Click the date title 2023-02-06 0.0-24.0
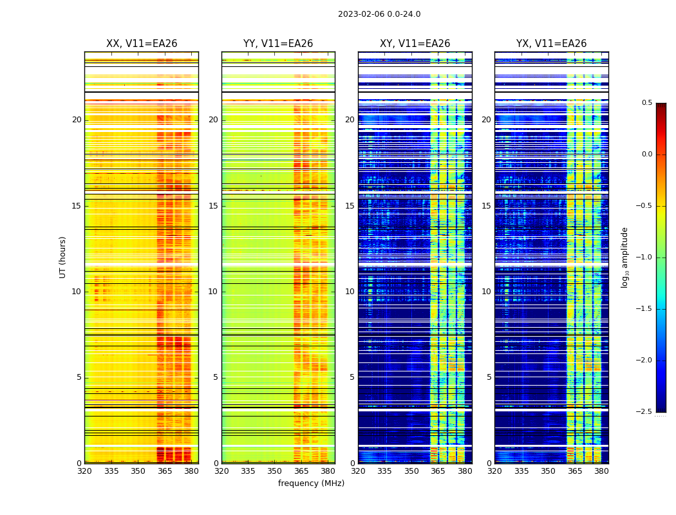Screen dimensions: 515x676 tap(379, 14)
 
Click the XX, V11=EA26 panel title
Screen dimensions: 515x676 tap(142, 44)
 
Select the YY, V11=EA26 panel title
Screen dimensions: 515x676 tap(278, 44)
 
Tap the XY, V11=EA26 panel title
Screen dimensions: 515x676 tap(415, 44)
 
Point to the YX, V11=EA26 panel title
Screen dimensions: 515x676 tap(551, 44)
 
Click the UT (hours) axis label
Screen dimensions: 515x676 tap(62, 257)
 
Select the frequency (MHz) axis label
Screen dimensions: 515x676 tap(311, 483)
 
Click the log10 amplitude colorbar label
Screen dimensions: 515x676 tap(624, 257)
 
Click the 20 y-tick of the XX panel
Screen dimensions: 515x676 tap(77, 120)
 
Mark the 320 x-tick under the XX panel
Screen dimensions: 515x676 tap(84, 471)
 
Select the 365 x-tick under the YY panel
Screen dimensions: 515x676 tap(301, 471)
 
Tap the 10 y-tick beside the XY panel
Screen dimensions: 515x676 tap(350, 292)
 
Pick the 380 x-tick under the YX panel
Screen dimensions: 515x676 tap(601, 471)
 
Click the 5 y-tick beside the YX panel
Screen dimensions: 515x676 tap(489, 377)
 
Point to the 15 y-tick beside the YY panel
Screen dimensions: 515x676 tap(213, 206)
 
